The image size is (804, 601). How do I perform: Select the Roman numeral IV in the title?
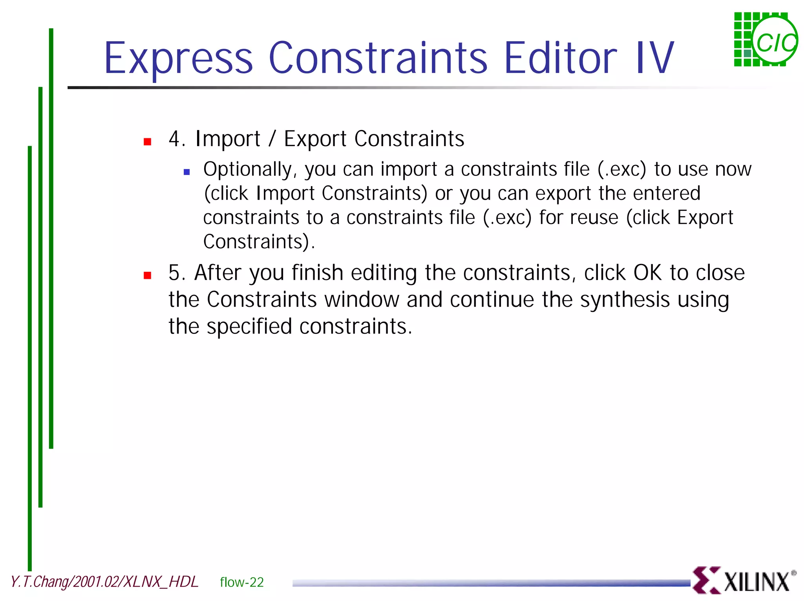[x=654, y=58]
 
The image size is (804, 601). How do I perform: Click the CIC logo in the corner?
[x=766, y=40]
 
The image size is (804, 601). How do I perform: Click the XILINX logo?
[x=744, y=581]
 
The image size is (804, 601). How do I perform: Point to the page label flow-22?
[x=242, y=582]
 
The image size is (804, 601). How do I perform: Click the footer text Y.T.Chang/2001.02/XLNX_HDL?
[x=104, y=582]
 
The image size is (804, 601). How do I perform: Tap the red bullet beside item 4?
[x=148, y=142]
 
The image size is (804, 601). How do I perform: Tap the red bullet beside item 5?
[x=148, y=275]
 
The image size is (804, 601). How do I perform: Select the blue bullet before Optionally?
[x=186, y=172]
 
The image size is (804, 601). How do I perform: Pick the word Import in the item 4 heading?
[x=228, y=139]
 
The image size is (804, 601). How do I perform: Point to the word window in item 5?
[x=362, y=300]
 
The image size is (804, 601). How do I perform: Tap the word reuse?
[x=594, y=218]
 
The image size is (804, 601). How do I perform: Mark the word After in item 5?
[x=217, y=273]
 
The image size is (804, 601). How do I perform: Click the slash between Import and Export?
[x=272, y=139]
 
